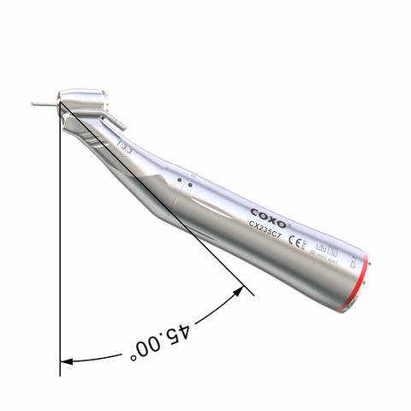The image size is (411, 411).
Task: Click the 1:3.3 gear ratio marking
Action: (124, 146)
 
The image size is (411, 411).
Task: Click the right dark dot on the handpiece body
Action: (188, 184)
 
